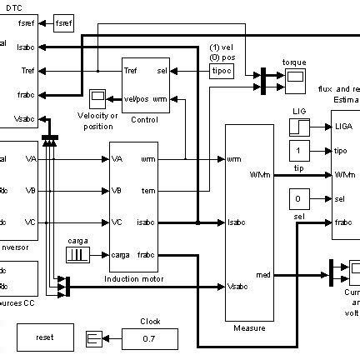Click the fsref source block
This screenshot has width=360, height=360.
click(x=63, y=22)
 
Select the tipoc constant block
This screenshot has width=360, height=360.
click(x=221, y=71)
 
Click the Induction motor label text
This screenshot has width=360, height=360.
click(x=133, y=278)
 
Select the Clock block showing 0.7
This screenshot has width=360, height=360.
click(x=150, y=338)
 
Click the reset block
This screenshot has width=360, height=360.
click(x=44, y=337)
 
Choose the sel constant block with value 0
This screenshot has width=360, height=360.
click(x=299, y=199)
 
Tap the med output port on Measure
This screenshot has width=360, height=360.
click(x=263, y=274)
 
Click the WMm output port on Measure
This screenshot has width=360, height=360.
click(x=258, y=175)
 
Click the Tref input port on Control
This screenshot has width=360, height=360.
click(x=131, y=71)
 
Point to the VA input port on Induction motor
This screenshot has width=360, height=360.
click(x=117, y=158)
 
